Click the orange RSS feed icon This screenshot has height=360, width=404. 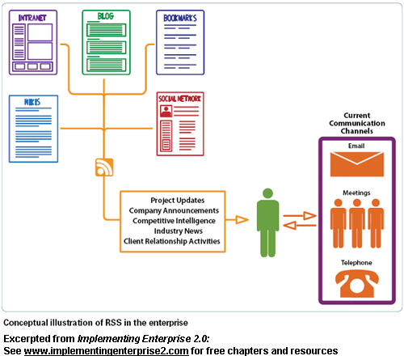pos(104,167)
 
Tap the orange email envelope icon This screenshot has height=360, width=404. pos(357,164)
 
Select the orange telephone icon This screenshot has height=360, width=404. pos(357,284)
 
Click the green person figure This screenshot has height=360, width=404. pos(267,222)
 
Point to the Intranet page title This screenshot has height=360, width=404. pos(32,18)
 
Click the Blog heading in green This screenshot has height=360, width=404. pos(106,16)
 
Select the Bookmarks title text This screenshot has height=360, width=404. pos(180,18)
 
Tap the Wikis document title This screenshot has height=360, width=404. pos(32,102)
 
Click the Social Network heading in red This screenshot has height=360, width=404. pos(179,99)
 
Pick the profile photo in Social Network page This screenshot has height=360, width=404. pos(166,111)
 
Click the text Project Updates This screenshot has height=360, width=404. pos(178,200)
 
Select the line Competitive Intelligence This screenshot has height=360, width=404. pos(174,221)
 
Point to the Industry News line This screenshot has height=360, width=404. pos(179,231)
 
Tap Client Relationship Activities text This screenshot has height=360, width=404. pos(172,241)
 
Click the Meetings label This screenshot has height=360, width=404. pos(356,193)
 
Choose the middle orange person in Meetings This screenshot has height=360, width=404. pos(357,223)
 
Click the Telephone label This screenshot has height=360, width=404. pos(356,262)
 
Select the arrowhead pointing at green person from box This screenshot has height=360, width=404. pos(242,220)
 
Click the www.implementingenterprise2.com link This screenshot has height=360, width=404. pos(106,351)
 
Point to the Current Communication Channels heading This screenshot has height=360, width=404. pos(357,123)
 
